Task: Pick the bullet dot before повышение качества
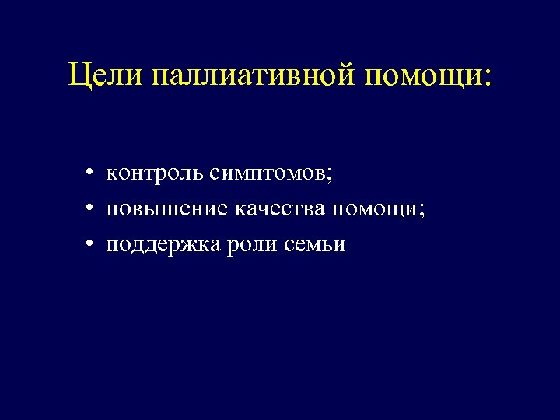click(91, 209)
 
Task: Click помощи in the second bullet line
click(376, 208)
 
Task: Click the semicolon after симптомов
click(330, 175)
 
